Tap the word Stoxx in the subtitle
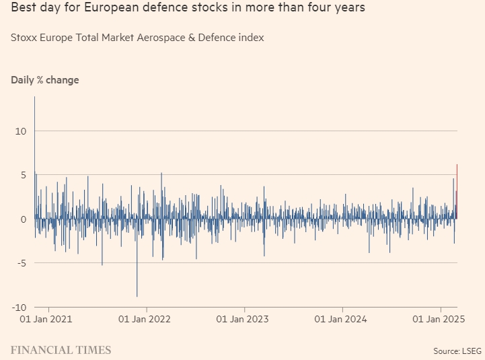[x=24, y=38]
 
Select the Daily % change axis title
[x=44, y=80]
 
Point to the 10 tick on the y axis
[x=20, y=131]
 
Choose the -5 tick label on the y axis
[x=20, y=263]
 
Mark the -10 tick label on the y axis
[x=18, y=308]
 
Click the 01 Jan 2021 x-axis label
[x=46, y=320]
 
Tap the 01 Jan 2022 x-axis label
[x=145, y=320]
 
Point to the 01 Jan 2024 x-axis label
[x=342, y=320]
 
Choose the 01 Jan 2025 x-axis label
[x=440, y=320]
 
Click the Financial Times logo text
[x=61, y=350]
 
